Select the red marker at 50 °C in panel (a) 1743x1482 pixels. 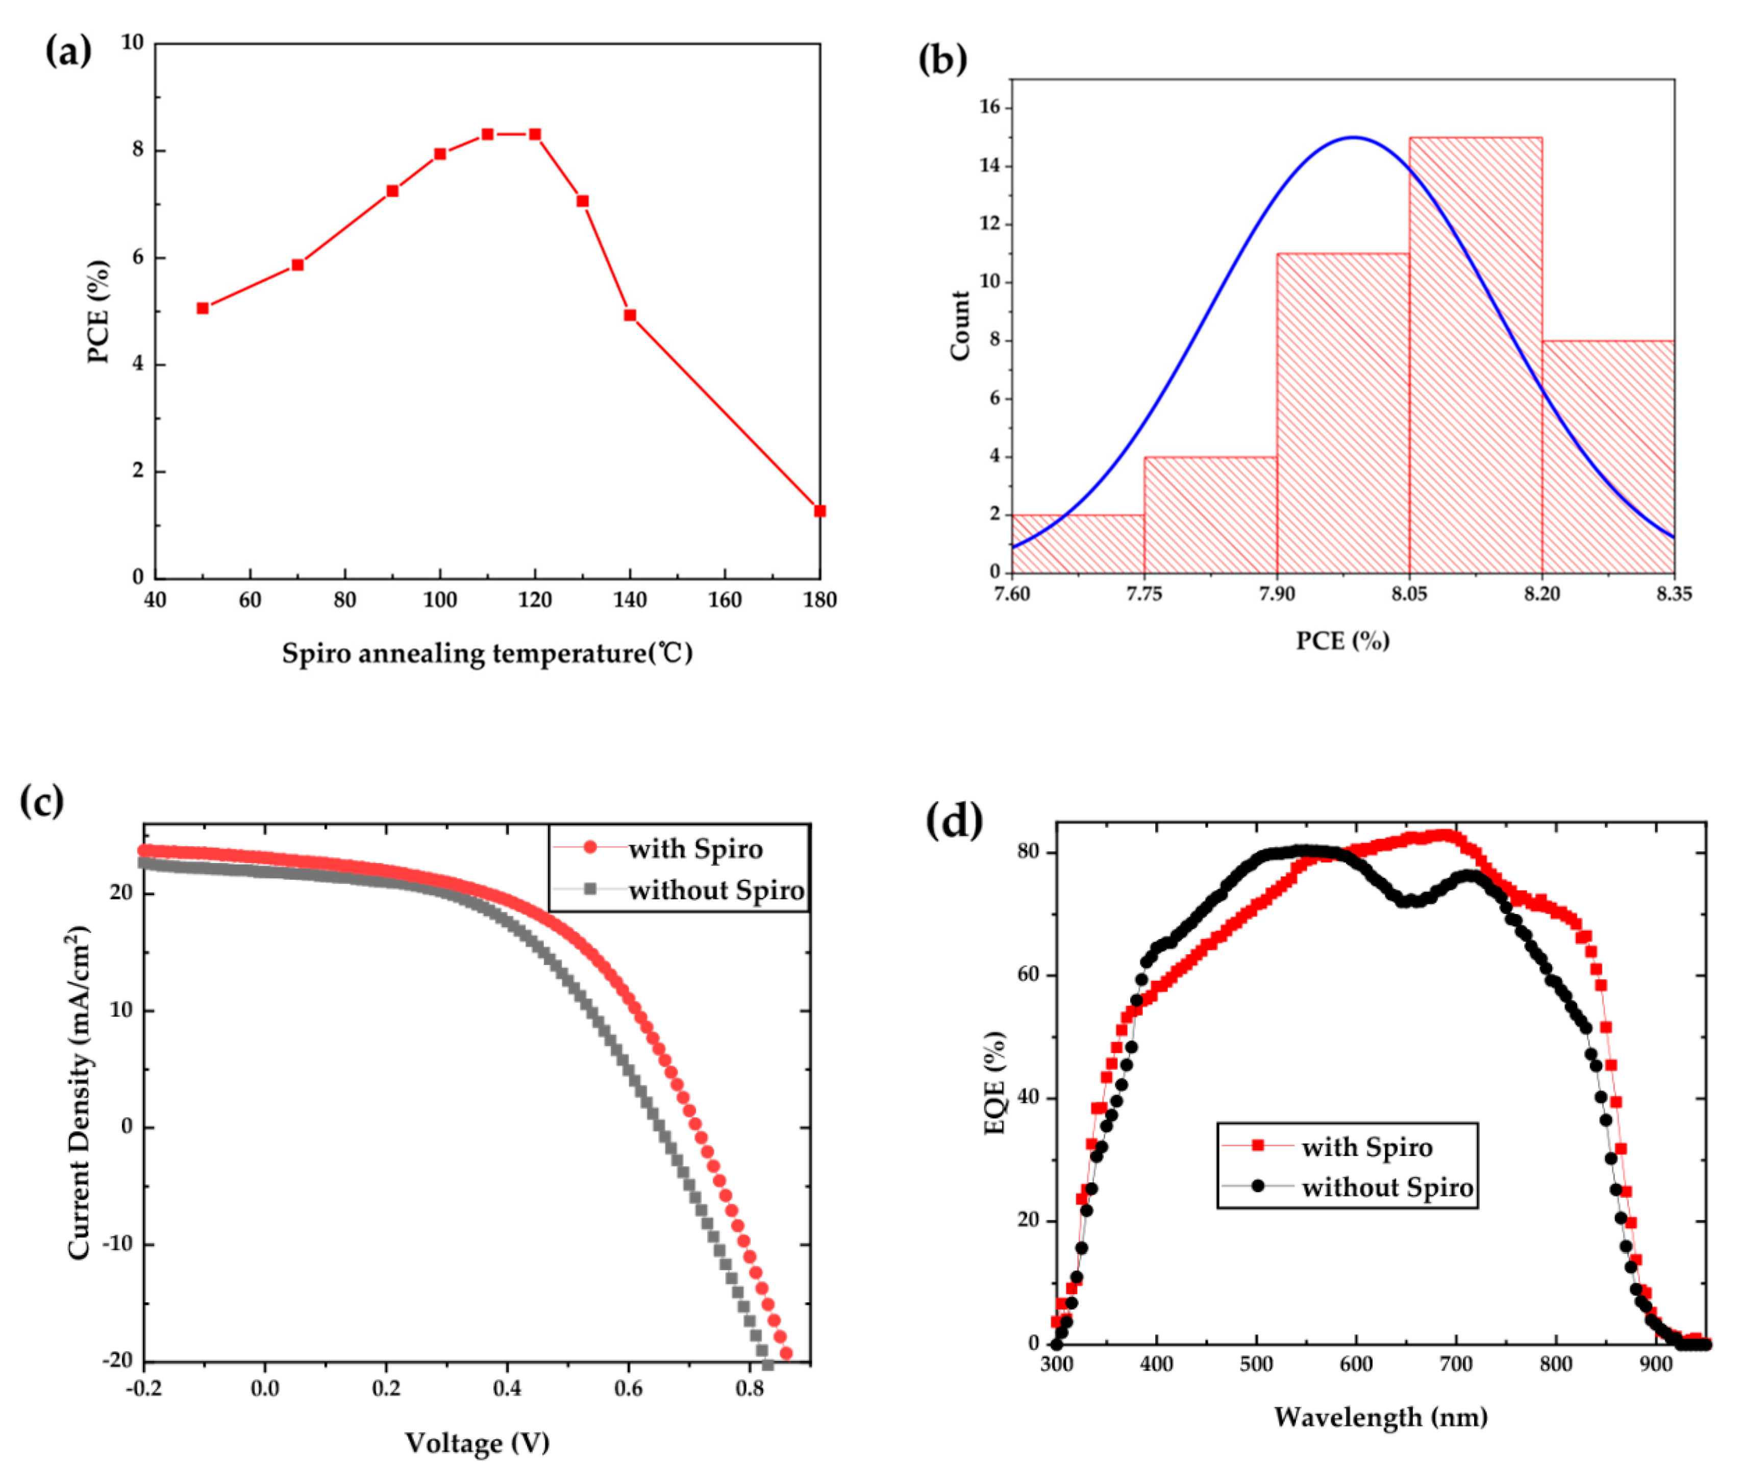[203, 308]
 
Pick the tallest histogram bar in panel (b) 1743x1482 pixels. [1475, 353]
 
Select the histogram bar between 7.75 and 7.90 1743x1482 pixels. [1210, 514]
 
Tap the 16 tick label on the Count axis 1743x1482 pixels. [989, 108]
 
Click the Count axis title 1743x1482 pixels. [959, 326]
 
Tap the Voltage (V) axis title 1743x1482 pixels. [477, 1443]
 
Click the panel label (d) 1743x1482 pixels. [954, 821]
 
